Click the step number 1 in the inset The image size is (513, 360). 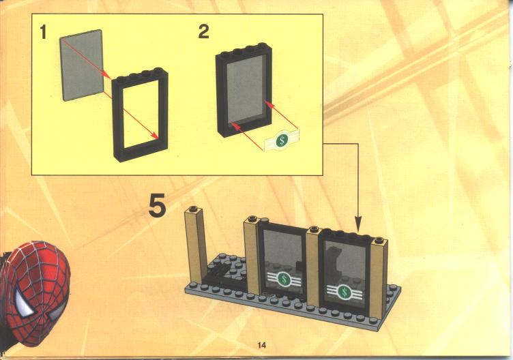[43, 32]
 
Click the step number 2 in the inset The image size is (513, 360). [203, 32]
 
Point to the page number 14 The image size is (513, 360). [262, 345]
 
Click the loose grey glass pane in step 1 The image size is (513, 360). [81, 65]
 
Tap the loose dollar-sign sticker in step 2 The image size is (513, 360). [282, 140]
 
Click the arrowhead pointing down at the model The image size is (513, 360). [359, 224]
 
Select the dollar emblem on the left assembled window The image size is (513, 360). [284, 280]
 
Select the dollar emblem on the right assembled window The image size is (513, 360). [344, 292]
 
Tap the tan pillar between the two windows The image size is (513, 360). [312, 267]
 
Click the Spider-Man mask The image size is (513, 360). [34, 292]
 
